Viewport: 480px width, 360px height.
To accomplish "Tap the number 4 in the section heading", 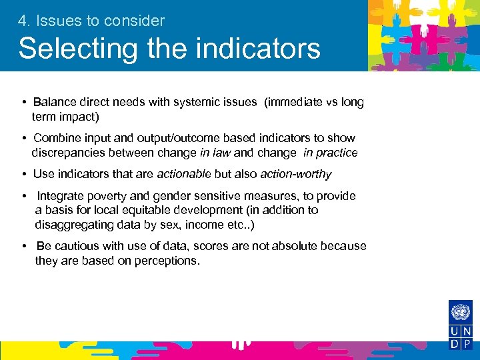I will tap(23, 21).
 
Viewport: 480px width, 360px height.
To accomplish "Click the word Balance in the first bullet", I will tap(55, 102).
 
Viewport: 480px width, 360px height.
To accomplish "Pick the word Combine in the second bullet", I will tap(57, 138).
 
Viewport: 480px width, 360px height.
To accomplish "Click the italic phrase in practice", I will tap(331, 153).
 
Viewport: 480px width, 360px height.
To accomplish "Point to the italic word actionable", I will tap(183, 174).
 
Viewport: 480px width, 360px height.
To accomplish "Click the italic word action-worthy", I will tap(296, 174).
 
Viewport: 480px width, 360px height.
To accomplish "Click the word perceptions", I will tap(166, 260).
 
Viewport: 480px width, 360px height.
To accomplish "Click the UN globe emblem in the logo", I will tap(460, 313).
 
